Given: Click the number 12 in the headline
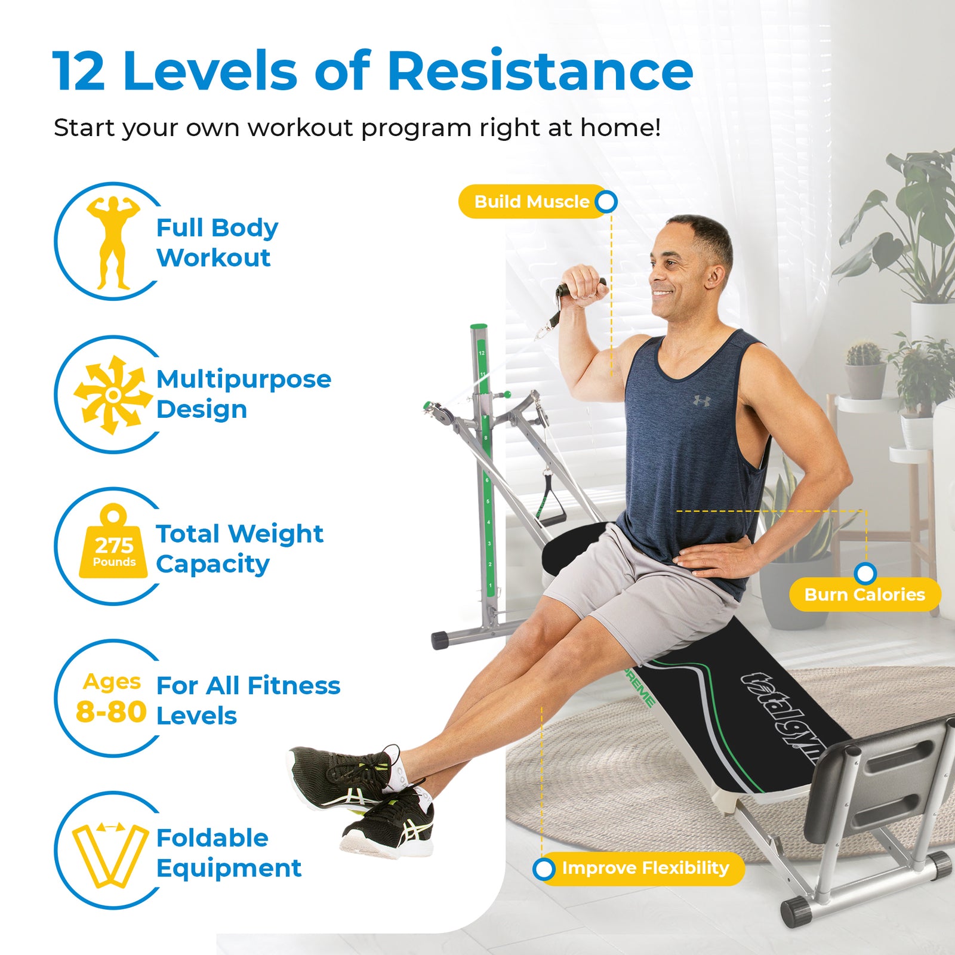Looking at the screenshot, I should click(79, 72).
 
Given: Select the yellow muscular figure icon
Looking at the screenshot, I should click(113, 242).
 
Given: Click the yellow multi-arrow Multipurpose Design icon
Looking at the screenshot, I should click(113, 395).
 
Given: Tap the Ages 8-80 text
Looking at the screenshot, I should click(112, 698).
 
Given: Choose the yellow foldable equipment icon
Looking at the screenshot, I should click(110, 854).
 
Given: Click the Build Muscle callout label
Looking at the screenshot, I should click(531, 202).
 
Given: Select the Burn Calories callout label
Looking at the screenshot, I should click(864, 594).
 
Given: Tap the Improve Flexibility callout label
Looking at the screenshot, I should click(645, 868).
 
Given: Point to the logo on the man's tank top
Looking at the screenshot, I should click(701, 400).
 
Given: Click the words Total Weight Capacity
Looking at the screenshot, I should click(239, 549).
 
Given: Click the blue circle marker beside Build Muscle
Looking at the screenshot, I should click(606, 202).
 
